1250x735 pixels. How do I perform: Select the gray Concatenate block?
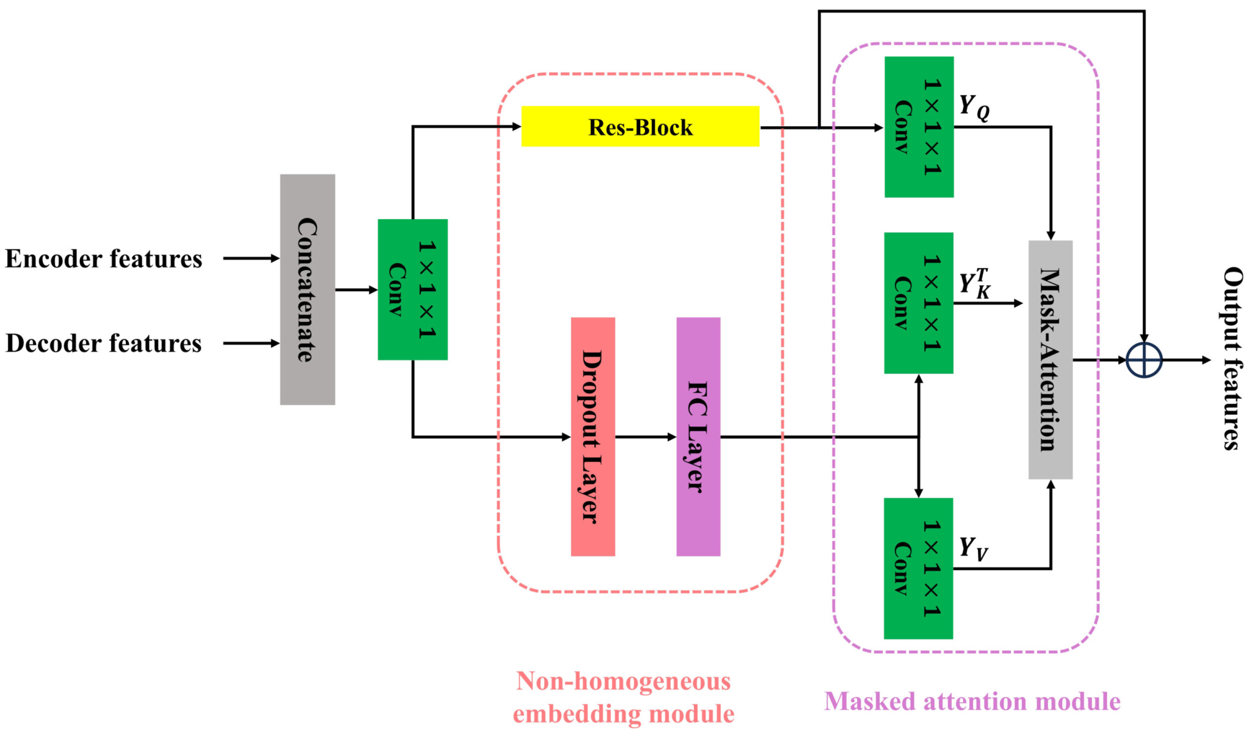(x=308, y=289)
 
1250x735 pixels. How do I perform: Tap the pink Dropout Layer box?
(x=593, y=437)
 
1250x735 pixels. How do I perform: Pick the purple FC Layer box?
(x=698, y=437)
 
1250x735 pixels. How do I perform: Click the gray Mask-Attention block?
(x=1050, y=360)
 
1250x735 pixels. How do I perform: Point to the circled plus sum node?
(x=1144, y=360)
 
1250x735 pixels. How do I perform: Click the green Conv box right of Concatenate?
(x=413, y=289)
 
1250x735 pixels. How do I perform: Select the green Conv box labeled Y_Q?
(x=919, y=127)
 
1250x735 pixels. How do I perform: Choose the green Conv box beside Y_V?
(x=918, y=568)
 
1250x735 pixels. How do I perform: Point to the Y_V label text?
(x=973, y=549)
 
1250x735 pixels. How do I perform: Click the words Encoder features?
(x=104, y=259)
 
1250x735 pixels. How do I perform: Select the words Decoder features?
(x=104, y=343)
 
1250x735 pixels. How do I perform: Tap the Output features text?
(x=1232, y=358)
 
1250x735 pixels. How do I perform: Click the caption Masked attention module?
(x=972, y=701)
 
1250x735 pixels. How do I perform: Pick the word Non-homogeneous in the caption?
(x=623, y=681)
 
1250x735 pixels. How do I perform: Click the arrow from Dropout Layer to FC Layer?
(x=645, y=437)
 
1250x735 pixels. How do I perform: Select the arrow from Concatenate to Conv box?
(x=356, y=289)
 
